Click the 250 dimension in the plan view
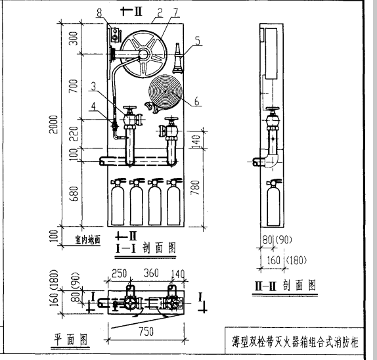(x=120, y=273)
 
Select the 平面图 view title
(x=70, y=339)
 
